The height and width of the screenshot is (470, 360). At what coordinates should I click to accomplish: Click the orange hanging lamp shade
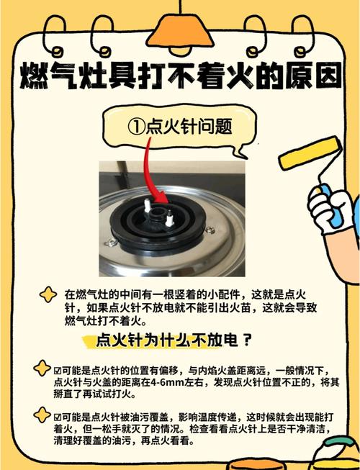coord(180,31)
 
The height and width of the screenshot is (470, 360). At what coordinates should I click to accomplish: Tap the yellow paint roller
coord(310,153)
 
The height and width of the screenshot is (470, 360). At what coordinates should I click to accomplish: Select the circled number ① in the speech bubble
coord(136,127)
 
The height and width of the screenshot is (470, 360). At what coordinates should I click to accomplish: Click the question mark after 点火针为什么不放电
coord(246,340)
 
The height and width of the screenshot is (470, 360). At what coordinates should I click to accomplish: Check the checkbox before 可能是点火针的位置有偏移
coord(58,371)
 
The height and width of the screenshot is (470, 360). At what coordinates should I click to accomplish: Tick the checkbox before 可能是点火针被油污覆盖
coord(58,417)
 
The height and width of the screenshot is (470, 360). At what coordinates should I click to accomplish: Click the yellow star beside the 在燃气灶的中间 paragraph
coord(48,294)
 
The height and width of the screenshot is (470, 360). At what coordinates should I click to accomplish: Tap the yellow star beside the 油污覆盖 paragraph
coord(42,415)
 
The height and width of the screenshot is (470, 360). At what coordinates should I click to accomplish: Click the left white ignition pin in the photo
coord(147,205)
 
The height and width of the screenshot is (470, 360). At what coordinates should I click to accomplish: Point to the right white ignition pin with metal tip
coord(169,218)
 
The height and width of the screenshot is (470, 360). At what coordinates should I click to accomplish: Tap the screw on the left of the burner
coord(111,242)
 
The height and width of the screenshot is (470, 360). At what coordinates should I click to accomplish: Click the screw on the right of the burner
coord(210,230)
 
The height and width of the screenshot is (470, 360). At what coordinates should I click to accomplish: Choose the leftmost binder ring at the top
coord(54,36)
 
